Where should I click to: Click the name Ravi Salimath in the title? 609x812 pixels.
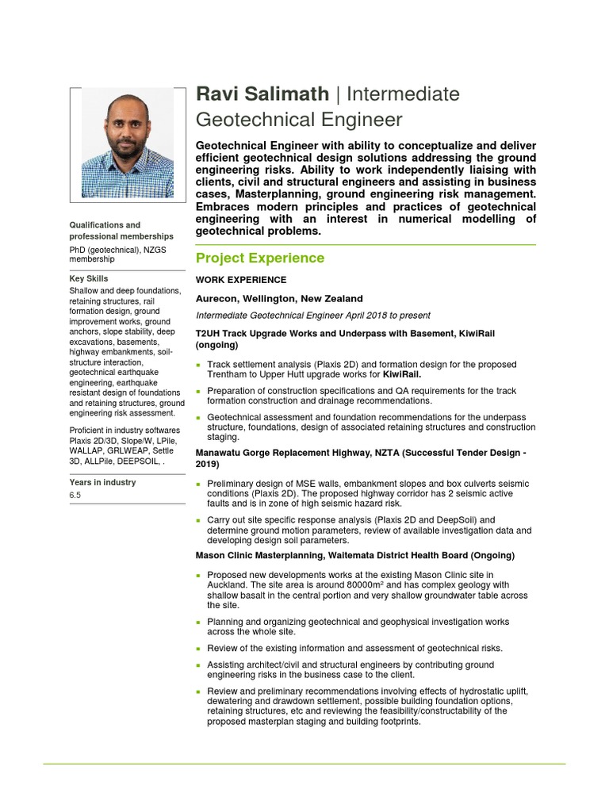point(262,94)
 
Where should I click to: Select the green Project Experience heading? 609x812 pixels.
point(259,258)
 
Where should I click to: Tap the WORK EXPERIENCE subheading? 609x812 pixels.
point(241,280)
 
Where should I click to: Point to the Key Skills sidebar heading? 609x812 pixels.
point(89,278)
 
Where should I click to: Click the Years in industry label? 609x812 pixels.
point(102,482)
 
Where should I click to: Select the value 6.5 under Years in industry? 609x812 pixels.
point(75,496)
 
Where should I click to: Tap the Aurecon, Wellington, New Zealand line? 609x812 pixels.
point(279,299)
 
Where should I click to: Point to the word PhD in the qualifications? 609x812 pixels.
point(79,249)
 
